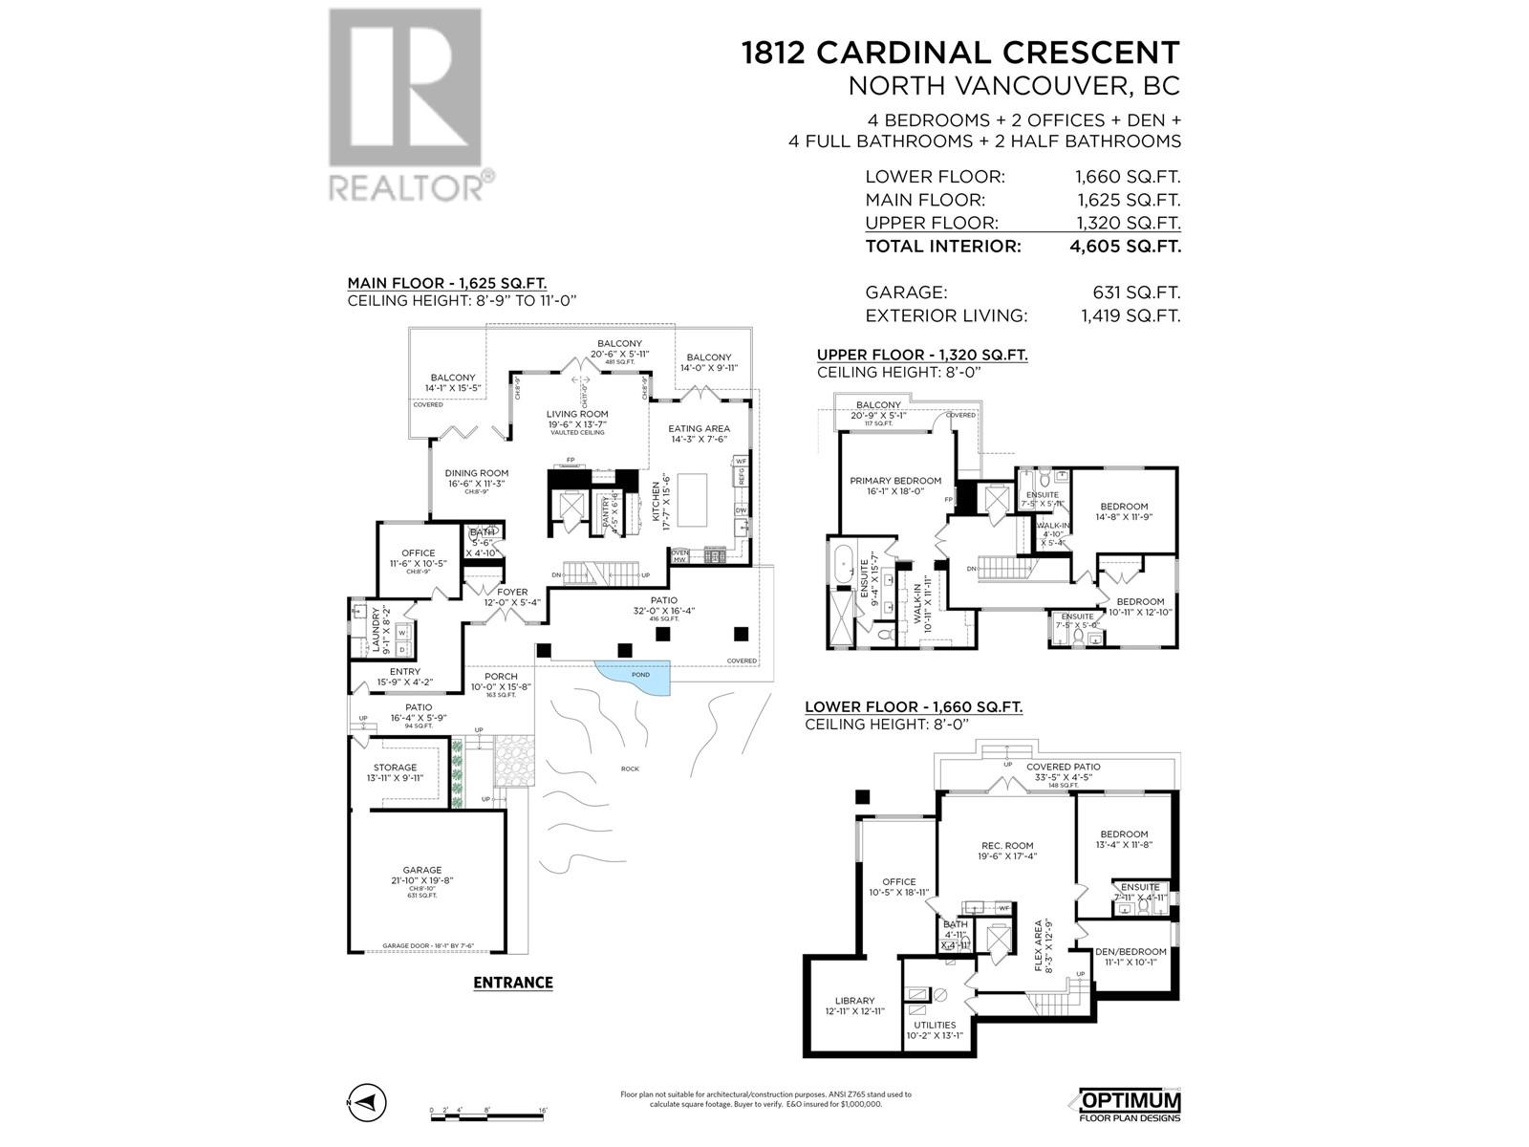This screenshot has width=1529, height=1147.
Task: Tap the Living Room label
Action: point(577,414)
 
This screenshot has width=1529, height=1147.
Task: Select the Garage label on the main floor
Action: point(421,870)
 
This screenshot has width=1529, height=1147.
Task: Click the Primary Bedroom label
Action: point(895,481)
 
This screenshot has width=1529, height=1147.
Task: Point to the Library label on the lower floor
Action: point(854,1001)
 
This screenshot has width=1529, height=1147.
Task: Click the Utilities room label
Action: point(934,1025)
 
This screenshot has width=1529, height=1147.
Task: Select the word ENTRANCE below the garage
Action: point(513,983)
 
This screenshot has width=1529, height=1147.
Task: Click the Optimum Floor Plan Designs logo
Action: point(1130,1105)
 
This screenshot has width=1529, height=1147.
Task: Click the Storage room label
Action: point(395,768)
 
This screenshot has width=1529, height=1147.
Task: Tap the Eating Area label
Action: point(699,428)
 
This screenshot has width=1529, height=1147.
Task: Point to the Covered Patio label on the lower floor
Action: point(1063,767)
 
